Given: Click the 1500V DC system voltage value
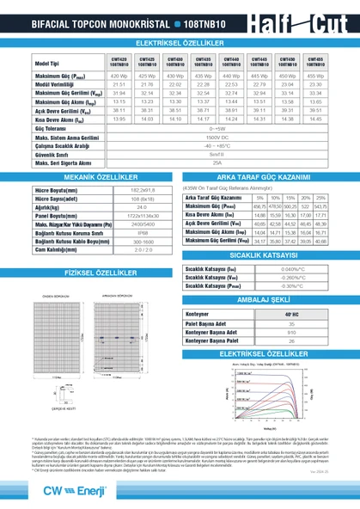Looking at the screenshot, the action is pos(217,138).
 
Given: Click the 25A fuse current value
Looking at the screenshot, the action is pos(217,162).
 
